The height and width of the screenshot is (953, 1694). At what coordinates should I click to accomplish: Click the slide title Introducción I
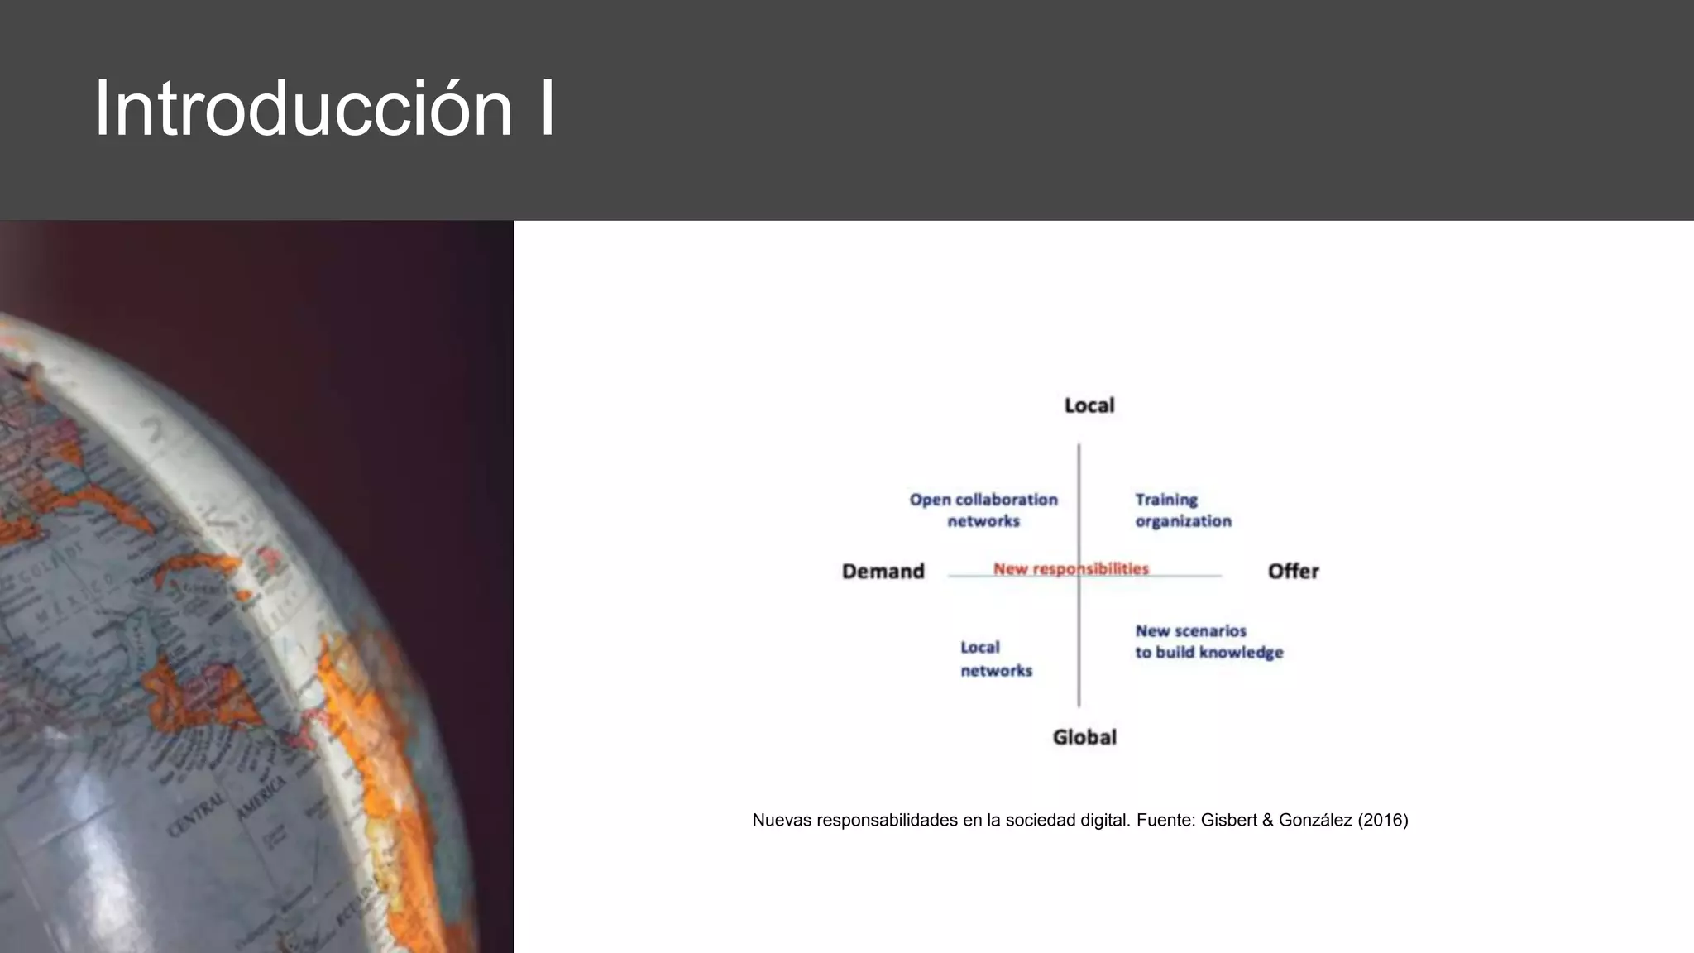point(324,108)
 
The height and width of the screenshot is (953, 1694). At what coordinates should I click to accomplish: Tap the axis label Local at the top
point(1089,405)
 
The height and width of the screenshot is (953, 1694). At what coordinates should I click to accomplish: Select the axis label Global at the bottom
point(1084,737)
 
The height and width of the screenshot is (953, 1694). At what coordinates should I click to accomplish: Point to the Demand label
point(883,572)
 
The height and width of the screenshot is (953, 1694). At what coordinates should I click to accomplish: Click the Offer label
point(1293,572)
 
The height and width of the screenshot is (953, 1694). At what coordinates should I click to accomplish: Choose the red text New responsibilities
point(1070,569)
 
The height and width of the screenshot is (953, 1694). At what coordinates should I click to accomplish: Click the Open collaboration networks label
point(983,510)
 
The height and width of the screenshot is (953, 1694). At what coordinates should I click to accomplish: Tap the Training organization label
point(1183,510)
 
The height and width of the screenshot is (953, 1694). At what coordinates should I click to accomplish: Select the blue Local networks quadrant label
point(996,658)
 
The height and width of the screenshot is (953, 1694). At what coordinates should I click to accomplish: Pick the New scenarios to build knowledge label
point(1208,642)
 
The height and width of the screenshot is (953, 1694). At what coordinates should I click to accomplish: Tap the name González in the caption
point(1315,821)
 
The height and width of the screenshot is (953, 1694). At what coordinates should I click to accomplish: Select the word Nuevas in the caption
point(781,821)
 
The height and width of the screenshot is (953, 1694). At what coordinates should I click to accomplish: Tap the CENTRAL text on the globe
point(197,814)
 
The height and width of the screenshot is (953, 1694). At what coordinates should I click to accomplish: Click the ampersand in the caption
point(1267,821)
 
